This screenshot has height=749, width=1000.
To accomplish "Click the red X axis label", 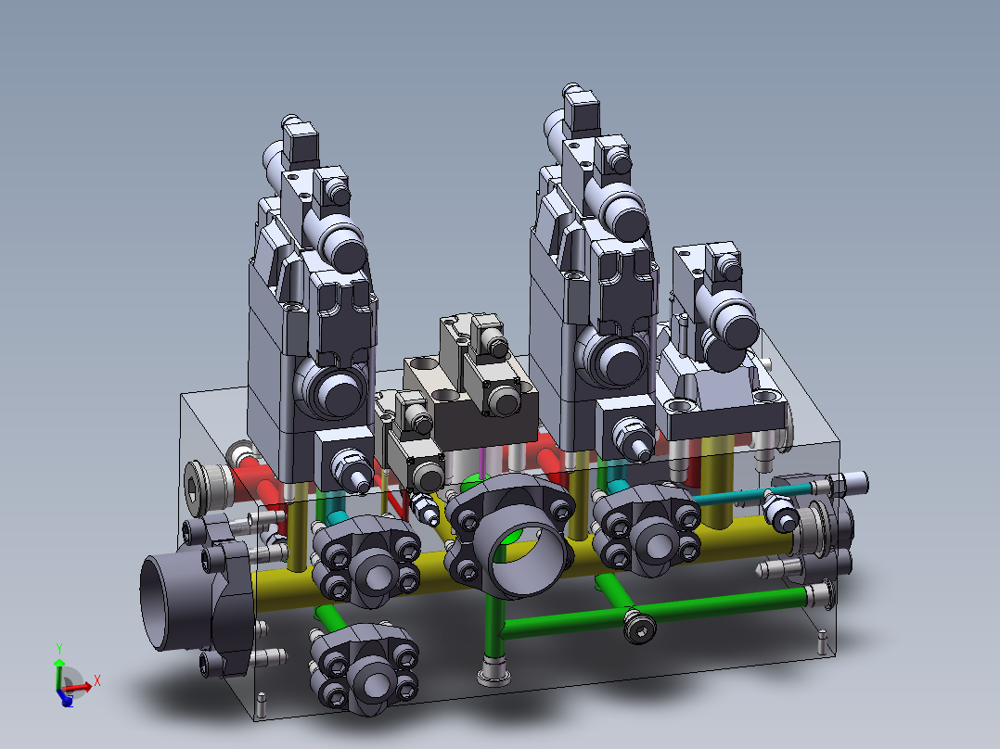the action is click(96, 680).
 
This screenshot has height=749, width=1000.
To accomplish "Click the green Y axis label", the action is click(59, 649).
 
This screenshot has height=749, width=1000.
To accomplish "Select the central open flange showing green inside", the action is click(510, 536).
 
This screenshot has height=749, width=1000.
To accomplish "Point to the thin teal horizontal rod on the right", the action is click(752, 494).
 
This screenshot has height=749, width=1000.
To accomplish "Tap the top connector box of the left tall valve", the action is click(301, 142).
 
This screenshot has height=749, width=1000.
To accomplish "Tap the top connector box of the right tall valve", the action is click(581, 110).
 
